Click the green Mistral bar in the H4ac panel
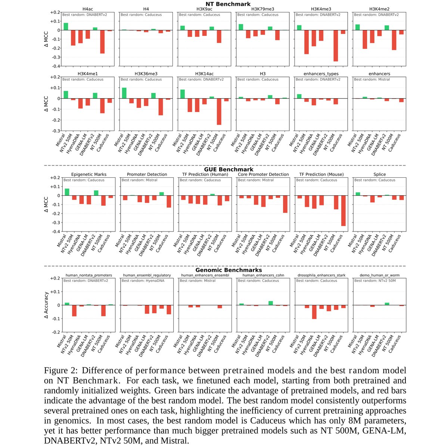coord(66,27)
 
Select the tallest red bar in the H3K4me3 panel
coord(336,46)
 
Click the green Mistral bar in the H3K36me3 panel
coord(124,93)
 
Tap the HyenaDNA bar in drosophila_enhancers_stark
coord(314,312)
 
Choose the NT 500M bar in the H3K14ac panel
coord(219,112)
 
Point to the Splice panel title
coord(379,174)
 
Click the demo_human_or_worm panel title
coord(379,275)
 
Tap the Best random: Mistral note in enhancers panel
coord(372,80)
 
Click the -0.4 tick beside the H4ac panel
coord(55,66)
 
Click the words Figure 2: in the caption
coord(61,371)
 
